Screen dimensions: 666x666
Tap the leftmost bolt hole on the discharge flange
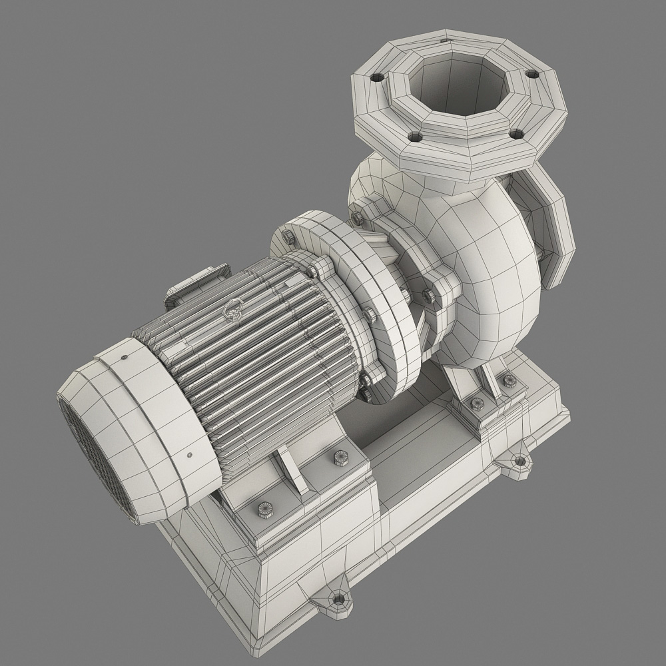[378, 77]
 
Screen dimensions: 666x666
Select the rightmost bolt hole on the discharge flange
[531, 74]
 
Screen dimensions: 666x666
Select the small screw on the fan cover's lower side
[190, 455]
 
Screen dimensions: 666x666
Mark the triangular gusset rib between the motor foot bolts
[293, 470]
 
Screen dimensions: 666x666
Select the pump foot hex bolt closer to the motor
[477, 403]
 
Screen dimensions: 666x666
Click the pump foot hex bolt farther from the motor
[509, 380]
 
